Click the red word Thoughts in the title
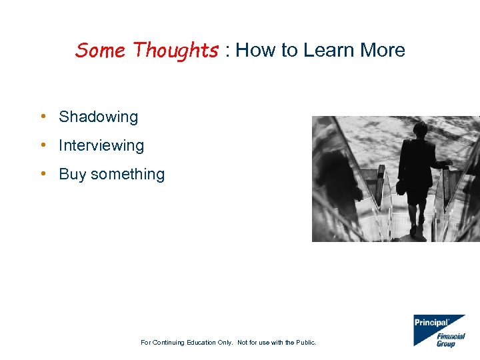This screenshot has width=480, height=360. click(x=175, y=51)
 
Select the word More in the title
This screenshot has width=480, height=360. click(x=382, y=51)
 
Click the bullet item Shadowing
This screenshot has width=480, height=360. click(x=98, y=117)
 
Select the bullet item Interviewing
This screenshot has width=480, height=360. click(x=101, y=145)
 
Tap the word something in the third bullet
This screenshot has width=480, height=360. click(x=127, y=175)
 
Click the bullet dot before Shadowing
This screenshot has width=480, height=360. click(x=43, y=117)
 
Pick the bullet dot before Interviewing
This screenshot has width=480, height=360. click(x=43, y=145)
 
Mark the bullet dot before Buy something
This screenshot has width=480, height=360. click(x=43, y=174)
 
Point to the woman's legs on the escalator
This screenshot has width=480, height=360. click(x=417, y=217)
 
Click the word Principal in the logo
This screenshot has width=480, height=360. click(x=431, y=323)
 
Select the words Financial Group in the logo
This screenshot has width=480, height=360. click(x=450, y=340)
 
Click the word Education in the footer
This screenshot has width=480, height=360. click(x=198, y=343)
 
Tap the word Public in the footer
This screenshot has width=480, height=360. click(x=304, y=343)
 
